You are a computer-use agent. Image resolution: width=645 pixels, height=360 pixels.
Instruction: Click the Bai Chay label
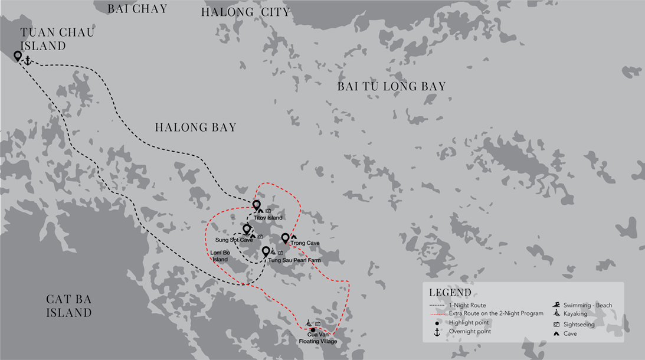[137, 9]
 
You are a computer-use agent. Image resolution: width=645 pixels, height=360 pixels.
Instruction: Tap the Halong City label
[245, 12]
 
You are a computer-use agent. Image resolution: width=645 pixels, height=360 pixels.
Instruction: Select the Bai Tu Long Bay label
[391, 87]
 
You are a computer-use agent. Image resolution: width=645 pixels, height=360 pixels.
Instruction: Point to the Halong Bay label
[195, 127]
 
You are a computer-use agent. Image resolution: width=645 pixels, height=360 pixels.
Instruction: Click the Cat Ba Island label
[69, 306]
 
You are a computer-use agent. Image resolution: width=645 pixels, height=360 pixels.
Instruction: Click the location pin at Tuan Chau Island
[18, 57]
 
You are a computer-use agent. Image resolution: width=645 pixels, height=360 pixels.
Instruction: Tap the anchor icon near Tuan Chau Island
[27, 60]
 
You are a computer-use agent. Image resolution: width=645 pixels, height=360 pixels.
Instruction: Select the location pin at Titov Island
[257, 205]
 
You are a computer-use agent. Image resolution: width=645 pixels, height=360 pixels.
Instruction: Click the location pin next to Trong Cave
[285, 238]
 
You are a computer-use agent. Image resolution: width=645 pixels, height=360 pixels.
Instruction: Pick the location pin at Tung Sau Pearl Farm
[266, 251]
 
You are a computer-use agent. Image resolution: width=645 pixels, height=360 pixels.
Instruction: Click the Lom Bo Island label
[220, 256]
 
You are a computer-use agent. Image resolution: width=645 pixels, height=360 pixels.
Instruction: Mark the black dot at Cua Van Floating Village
[313, 330]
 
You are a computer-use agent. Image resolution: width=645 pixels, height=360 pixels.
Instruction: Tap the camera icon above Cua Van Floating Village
[317, 324]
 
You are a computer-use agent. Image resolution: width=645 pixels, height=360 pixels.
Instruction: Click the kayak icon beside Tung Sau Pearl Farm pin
[273, 253]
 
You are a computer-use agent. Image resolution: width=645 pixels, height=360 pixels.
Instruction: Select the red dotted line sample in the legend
[437, 314]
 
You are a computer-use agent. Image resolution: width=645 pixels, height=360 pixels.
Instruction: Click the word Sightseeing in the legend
[579, 324]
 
